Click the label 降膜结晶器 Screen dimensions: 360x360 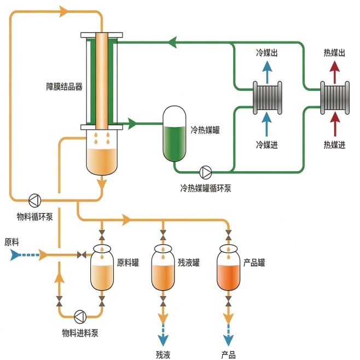click(x=65, y=86)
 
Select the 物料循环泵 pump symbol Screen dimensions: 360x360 click(x=34, y=199)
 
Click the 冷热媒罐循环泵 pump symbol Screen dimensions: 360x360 click(x=206, y=172)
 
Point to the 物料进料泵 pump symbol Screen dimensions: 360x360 click(x=80, y=316)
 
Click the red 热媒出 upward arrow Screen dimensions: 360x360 click(x=334, y=71)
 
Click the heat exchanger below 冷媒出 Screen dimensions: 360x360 click(x=267, y=97)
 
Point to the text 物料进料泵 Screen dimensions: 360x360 click(x=80, y=333)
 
